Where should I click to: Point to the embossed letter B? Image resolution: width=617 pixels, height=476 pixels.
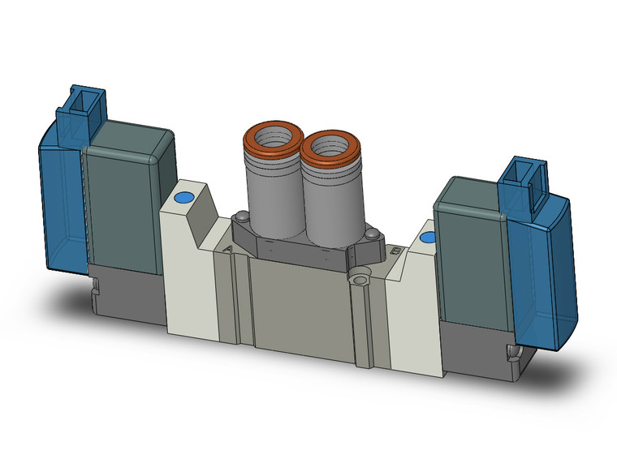point(395,252)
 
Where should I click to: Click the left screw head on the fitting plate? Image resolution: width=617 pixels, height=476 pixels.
point(242,217)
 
